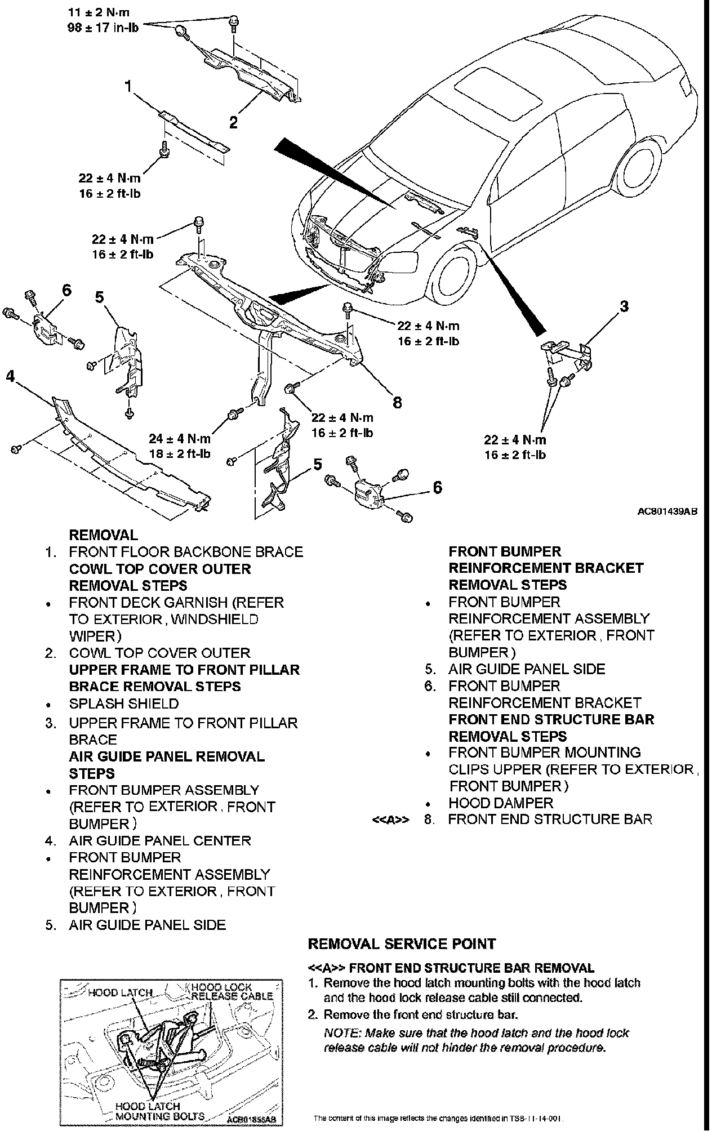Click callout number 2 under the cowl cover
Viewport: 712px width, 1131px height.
tap(233, 122)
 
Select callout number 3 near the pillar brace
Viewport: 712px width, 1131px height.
tap(624, 306)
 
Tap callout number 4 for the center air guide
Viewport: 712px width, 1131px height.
tap(10, 376)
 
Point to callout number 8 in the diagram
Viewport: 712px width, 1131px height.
tap(398, 402)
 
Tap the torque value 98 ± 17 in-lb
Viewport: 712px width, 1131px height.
tap(103, 26)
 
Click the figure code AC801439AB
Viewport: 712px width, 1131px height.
tap(667, 512)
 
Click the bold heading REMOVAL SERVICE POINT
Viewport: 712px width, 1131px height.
tap(402, 943)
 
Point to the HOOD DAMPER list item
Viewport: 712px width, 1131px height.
tap(501, 803)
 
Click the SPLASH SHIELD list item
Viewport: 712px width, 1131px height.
tap(123, 703)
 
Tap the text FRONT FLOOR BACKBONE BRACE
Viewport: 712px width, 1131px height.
tap(186, 552)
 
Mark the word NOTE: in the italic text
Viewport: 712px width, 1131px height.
tap(342, 1033)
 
